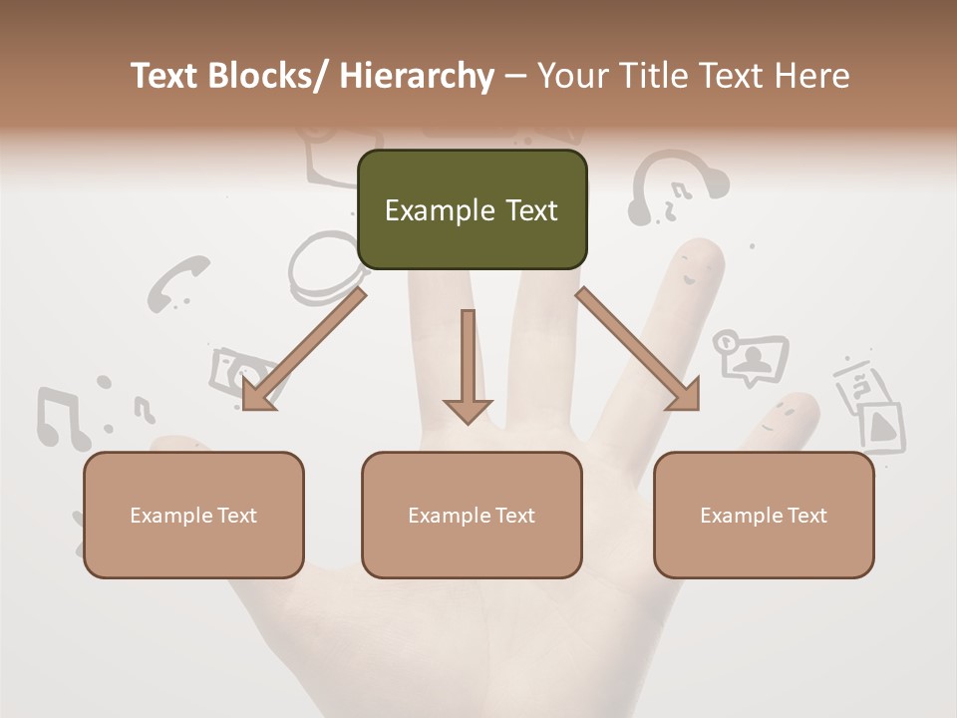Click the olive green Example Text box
click(472, 209)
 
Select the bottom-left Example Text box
click(193, 515)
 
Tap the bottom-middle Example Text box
click(472, 515)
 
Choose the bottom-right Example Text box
click(764, 515)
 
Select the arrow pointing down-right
click(638, 349)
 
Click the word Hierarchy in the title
click(417, 77)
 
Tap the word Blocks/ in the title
click(272, 77)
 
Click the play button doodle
click(881, 426)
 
